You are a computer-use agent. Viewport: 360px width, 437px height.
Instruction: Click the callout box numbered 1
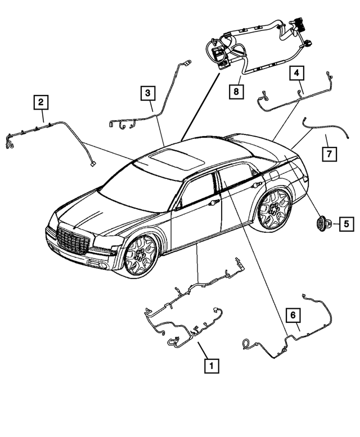pyautogui.click(x=211, y=366)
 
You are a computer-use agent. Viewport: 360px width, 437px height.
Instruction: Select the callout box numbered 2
pyautogui.click(x=41, y=102)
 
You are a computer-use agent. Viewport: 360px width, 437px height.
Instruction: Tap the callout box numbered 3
pyautogui.click(x=147, y=92)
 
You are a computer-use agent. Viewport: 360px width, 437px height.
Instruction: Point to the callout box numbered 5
pyautogui.click(x=346, y=224)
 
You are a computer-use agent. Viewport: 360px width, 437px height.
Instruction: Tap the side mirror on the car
pyautogui.click(x=178, y=206)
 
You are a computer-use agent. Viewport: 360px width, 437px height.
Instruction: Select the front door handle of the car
pyautogui.click(x=214, y=202)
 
